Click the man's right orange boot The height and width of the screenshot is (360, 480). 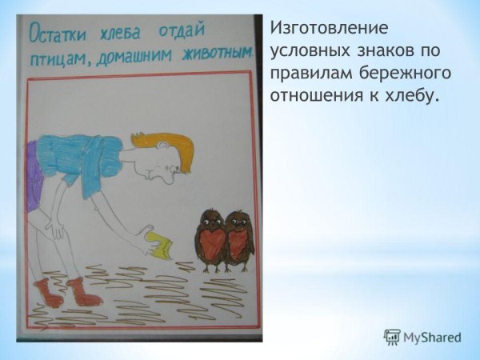coord(82,293)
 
